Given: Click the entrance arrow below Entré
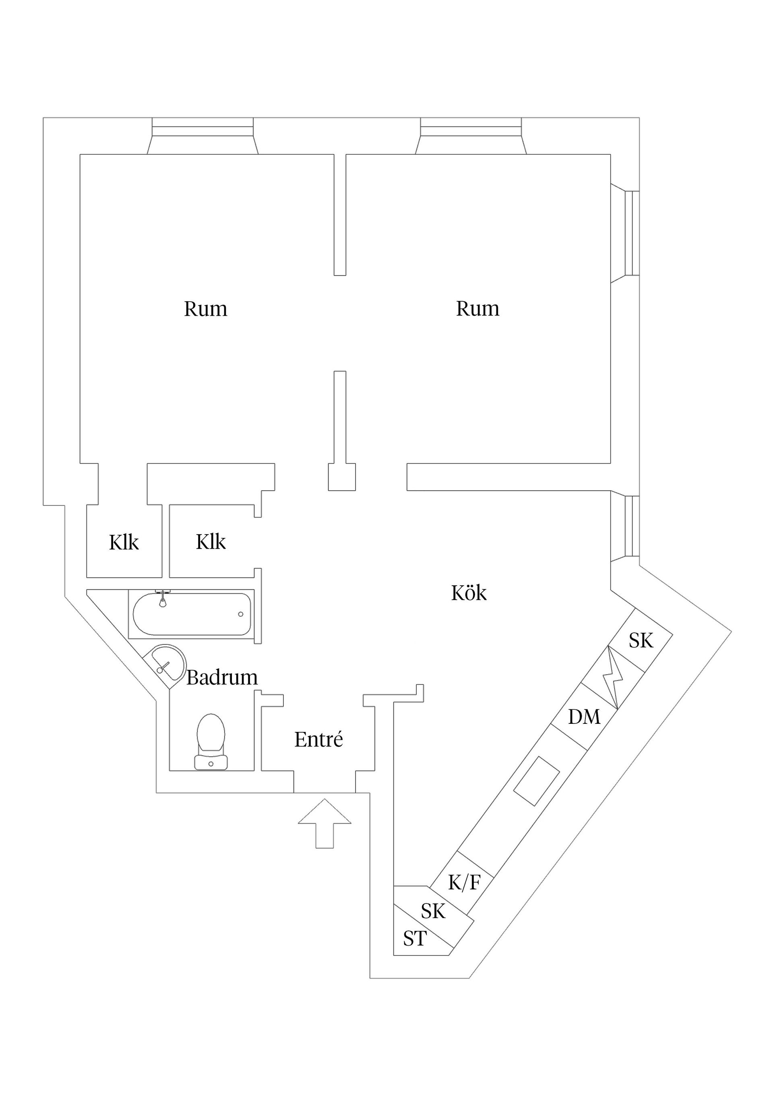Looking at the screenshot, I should click(x=324, y=824).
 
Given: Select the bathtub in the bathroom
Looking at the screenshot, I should click(x=192, y=614).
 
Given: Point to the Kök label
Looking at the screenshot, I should click(x=469, y=594).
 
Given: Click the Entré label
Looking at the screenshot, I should click(x=318, y=740).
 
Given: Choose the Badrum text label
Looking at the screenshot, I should click(x=222, y=678).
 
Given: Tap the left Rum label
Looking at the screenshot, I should click(x=206, y=309).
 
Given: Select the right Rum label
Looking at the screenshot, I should click(x=478, y=309).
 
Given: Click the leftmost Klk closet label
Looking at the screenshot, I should click(x=124, y=543).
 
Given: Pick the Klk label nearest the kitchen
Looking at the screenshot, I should click(x=211, y=542).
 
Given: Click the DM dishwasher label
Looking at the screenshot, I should click(x=584, y=717).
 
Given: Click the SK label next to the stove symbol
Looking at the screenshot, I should click(x=641, y=641).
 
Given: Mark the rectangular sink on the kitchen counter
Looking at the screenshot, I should click(x=536, y=781).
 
